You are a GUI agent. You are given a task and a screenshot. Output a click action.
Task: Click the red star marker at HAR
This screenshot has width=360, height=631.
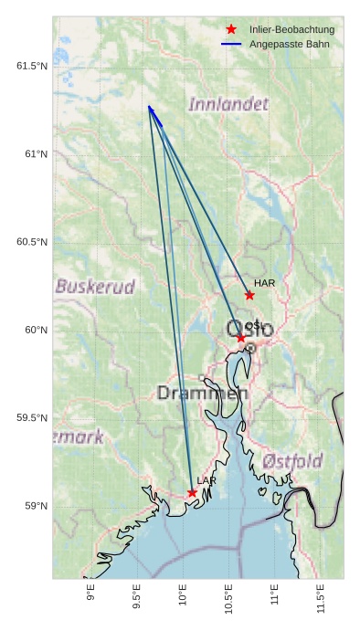click(249, 295)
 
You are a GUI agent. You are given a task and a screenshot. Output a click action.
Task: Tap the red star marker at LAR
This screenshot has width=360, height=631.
click(192, 493)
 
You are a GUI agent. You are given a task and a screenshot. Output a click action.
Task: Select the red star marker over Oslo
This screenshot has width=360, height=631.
click(241, 338)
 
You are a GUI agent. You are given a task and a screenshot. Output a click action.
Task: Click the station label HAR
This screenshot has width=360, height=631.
click(265, 283)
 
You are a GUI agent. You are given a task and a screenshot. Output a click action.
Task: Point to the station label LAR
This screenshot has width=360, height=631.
click(206, 480)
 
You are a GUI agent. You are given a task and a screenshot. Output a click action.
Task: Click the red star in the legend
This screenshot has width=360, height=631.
click(231, 29)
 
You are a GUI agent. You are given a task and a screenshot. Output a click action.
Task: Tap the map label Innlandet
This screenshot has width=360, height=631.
click(228, 104)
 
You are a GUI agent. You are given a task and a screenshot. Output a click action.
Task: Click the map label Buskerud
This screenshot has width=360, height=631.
click(95, 287)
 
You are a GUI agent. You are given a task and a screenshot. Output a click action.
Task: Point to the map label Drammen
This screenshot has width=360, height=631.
click(202, 394)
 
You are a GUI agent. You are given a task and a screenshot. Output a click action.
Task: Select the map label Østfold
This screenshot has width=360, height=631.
click(292, 461)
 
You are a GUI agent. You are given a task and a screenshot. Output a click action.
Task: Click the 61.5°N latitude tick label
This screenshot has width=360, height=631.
click(31, 66)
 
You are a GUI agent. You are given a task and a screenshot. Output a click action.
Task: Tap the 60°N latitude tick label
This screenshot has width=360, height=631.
click(35, 330)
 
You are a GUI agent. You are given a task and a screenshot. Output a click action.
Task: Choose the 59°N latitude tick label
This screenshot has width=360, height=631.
click(35, 506)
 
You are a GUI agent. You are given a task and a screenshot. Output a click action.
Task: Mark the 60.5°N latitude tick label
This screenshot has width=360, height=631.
click(31, 242)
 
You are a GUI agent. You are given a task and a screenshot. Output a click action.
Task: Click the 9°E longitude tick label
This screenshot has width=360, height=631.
click(91, 594)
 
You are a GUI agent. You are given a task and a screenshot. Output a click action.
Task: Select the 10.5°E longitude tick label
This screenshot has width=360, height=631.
click(228, 598)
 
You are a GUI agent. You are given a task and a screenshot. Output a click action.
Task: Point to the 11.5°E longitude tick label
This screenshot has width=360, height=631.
click(320, 598)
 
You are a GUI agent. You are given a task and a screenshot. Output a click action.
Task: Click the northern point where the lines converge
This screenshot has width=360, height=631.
click(149, 106)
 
